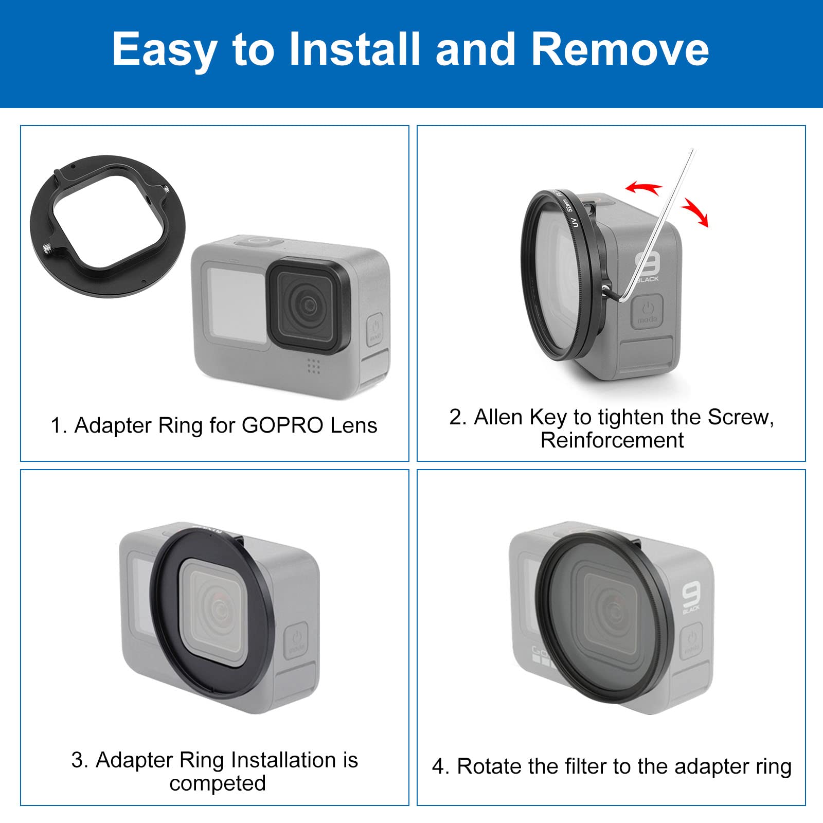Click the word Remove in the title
click(620, 49)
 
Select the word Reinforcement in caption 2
click(612, 440)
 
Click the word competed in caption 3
click(218, 783)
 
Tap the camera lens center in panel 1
click(308, 304)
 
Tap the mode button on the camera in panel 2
click(647, 311)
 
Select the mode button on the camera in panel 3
click(297, 640)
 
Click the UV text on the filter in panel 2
click(575, 222)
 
